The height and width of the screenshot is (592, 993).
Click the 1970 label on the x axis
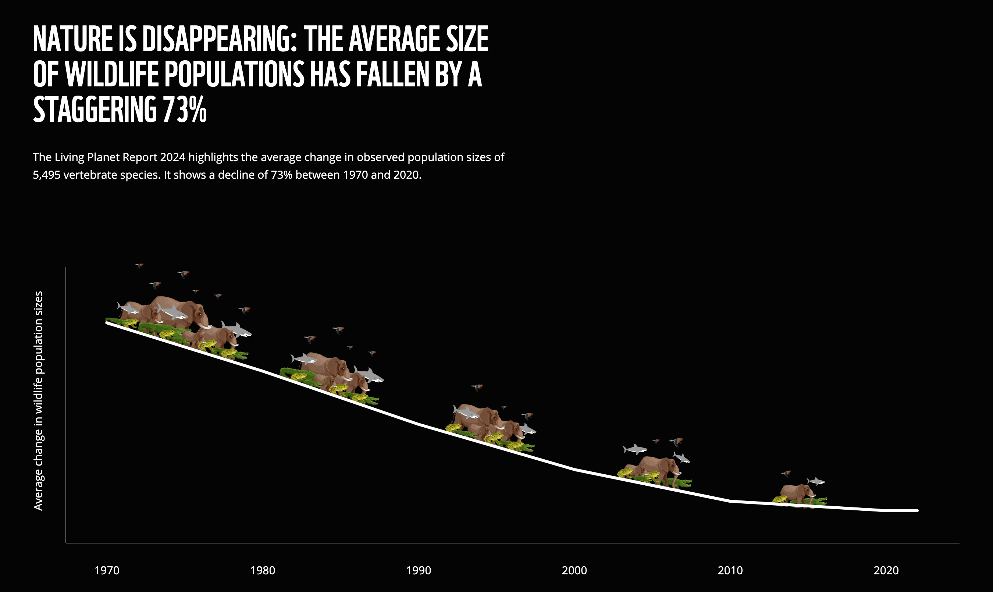pos(107,570)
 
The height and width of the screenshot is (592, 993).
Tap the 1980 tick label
pos(263,570)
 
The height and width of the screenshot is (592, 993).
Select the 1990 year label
pos(419,570)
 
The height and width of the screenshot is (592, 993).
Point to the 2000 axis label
pos(574,570)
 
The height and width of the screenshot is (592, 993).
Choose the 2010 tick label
pos(730,570)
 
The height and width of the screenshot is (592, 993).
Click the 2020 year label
pos(886,570)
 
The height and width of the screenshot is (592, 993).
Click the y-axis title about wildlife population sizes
pos(38,400)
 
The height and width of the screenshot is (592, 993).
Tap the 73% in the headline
pos(185,109)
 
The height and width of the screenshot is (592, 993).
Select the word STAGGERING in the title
pos(95,109)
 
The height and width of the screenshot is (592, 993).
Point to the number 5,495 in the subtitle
pos(46,175)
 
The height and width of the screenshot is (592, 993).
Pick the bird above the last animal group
pos(786,474)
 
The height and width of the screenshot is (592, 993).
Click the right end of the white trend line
pos(917,511)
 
